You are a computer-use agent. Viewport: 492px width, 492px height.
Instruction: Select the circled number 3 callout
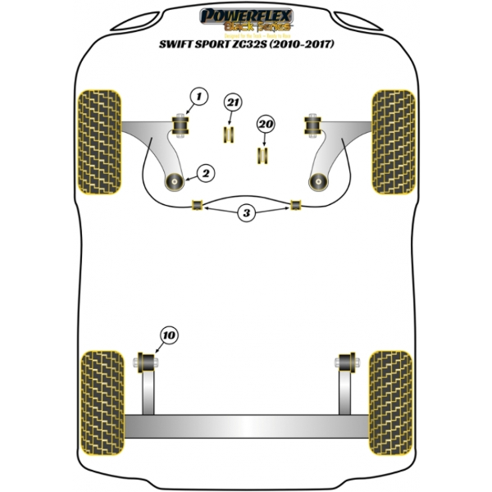pyautogui.click(x=247, y=214)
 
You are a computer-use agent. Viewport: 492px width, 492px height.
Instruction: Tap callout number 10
pyautogui.click(x=169, y=335)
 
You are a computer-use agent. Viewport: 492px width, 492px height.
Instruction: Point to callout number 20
pyautogui.click(x=264, y=124)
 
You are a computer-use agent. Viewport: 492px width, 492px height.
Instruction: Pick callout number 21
pyautogui.click(x=232, y=102)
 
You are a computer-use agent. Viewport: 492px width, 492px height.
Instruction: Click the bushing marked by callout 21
pyautogui.click(x=229, y=133)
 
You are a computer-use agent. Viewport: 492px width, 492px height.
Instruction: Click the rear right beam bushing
pyautogui.click(x=345, y=359)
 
